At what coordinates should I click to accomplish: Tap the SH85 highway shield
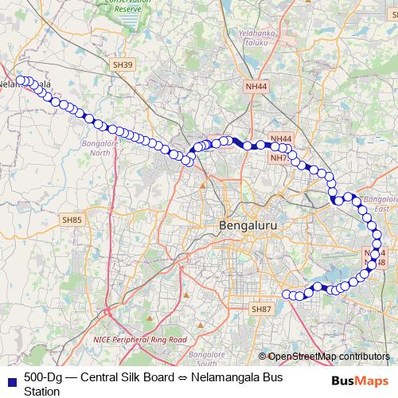(x=72, y=220)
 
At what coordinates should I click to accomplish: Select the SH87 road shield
(x=261, y=308)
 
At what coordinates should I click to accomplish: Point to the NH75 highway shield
(x=279, y=158)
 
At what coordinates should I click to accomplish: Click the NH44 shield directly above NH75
(x=281, y=139)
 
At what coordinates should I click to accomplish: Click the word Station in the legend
(x=41, y=391)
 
